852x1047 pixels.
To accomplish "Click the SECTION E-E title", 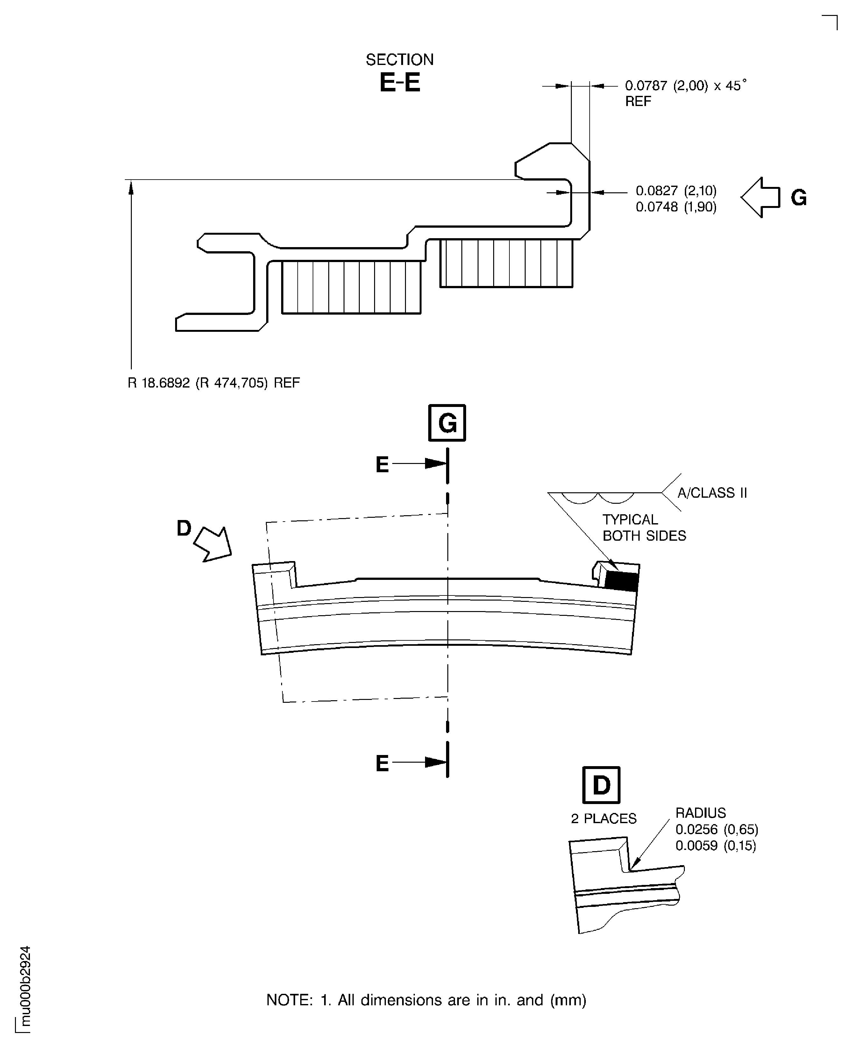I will (x=400, y=74).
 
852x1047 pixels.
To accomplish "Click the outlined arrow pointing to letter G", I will (x=759, y=197).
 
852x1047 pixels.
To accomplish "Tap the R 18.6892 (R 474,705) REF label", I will (x=214, y=383).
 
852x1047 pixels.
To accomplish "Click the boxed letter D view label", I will (x=601, y=785).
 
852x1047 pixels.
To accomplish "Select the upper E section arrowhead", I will (x=435, y=463).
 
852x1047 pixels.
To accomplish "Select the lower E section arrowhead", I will (x=435, y=762).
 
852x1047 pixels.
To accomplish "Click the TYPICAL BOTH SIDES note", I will (x=643, y=528).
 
